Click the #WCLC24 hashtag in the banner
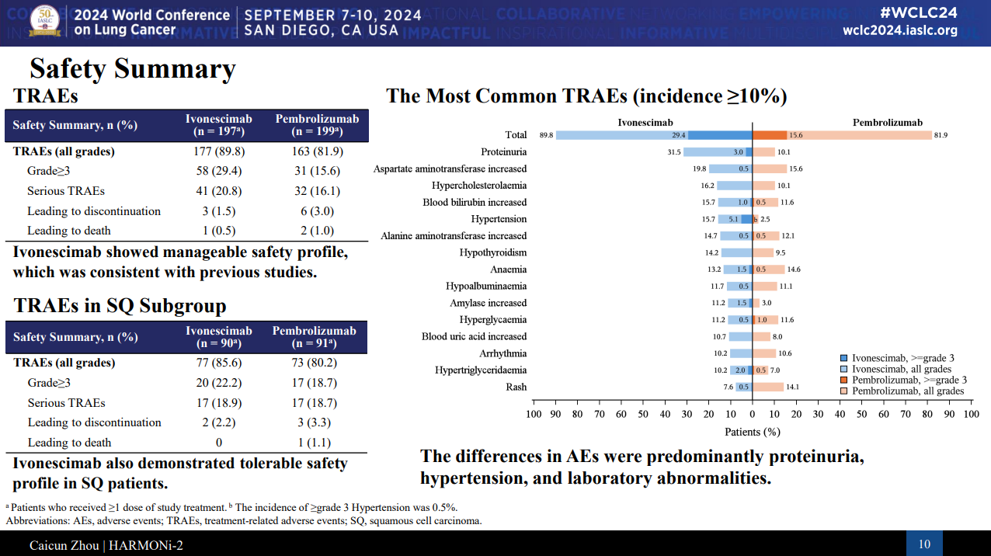coord(919,12)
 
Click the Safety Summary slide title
coord(132,69)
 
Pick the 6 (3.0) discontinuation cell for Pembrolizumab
coord(317,210)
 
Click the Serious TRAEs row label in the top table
coord(66,191)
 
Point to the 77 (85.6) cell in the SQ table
coord(219,363)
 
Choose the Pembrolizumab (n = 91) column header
coord(315,337)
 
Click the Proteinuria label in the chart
coord(503,152)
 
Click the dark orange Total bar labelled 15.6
coord(770,135)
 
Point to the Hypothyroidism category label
coord(492,252)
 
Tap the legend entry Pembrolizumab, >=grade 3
coord(908,380)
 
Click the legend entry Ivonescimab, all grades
coord(901,369)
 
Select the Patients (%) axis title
coord(752,432)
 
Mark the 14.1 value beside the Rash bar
coord(792,387)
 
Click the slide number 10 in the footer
coord(924,544)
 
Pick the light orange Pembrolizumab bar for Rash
coord(768,387)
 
